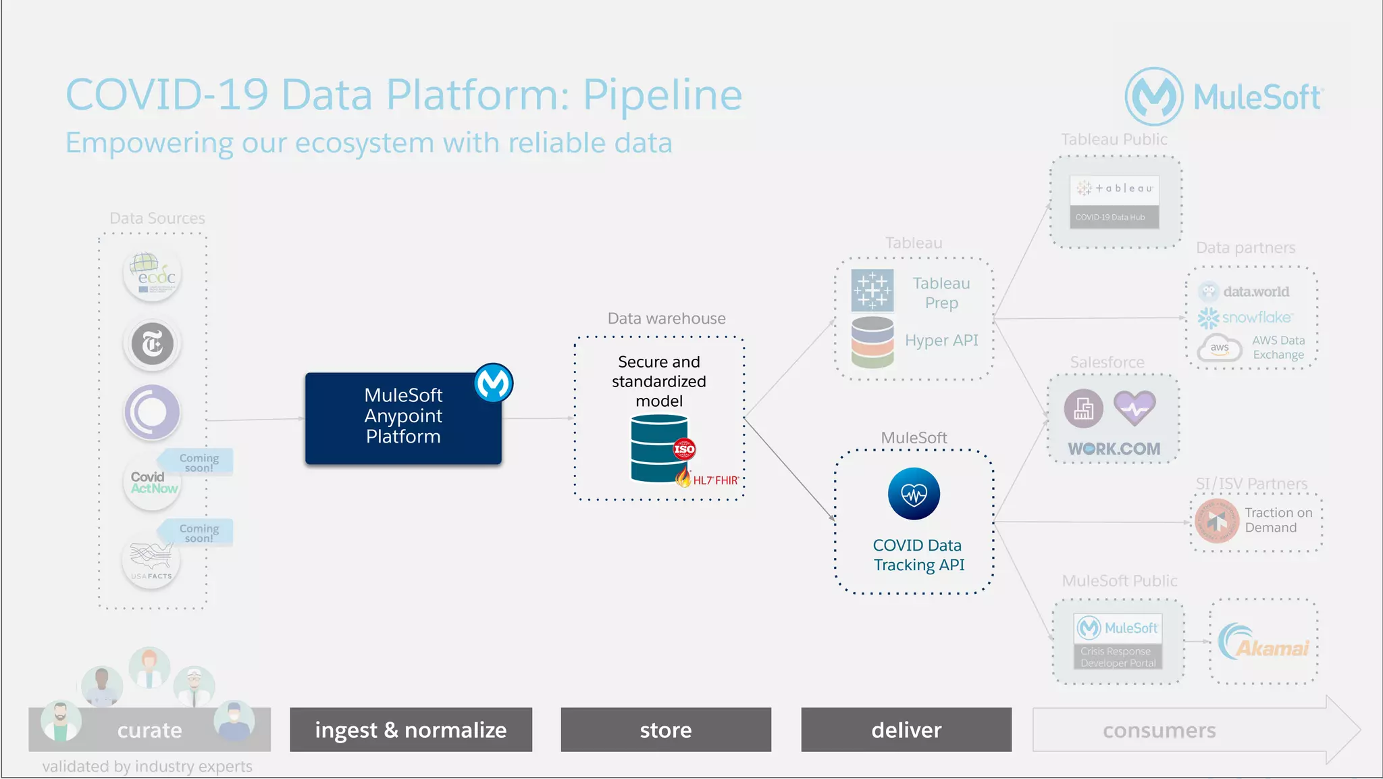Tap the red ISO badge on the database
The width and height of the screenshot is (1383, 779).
pos(683,449)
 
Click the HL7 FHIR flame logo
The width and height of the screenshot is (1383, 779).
pos(683,478)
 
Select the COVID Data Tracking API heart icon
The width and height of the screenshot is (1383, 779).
pos(914,494)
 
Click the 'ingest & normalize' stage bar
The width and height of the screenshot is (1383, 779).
pos(411,730)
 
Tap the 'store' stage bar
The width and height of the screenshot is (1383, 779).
pos(666,730)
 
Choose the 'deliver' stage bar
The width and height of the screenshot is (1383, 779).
pos(906,730)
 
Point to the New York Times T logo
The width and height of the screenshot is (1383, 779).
pos(153,344)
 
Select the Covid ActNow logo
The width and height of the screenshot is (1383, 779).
pos(153,482)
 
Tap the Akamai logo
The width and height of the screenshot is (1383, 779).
pos(1263,643)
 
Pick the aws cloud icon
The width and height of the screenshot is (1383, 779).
pos(1220,348)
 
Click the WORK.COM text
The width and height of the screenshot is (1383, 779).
pos(1114,449)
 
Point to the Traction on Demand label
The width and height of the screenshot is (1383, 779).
pos(1278,520)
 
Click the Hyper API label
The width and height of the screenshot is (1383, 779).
pos(941,341)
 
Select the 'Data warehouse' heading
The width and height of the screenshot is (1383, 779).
pos(666,318)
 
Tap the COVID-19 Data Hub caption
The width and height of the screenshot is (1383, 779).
pos(1110,218)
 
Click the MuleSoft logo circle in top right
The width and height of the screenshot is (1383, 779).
pos(1153,97)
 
